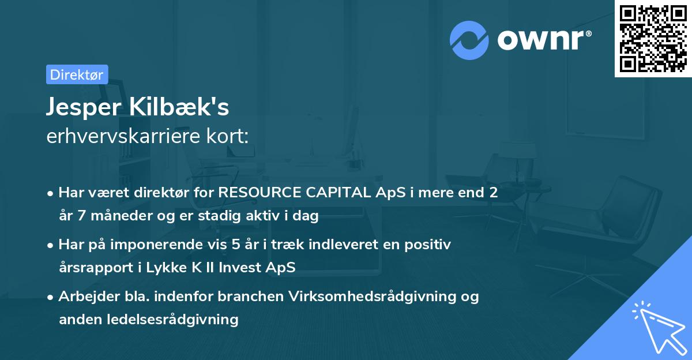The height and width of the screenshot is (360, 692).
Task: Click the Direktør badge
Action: pos(77,74)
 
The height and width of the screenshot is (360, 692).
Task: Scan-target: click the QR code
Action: pos(653,38)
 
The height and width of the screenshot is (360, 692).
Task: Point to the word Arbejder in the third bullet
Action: pos(82,297)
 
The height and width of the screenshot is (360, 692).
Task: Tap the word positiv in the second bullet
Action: pos(429,245)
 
